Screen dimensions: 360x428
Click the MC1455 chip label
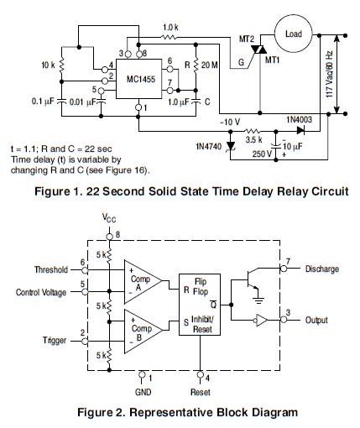141,79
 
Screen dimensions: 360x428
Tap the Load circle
293,34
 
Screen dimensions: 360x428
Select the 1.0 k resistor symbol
169,37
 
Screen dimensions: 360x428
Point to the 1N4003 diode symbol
300,130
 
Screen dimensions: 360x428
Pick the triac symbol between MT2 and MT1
259,50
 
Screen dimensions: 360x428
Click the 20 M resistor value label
209,65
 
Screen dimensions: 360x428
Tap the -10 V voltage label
230,123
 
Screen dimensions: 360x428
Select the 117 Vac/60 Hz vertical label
330,75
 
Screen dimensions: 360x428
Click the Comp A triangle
143,282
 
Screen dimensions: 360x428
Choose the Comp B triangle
143,331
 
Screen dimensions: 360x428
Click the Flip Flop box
200,305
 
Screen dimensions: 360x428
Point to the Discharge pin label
322,269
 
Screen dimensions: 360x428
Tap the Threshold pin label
51,269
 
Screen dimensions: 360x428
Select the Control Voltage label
41,293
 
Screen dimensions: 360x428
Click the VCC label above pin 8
109,218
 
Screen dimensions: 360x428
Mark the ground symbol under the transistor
258,300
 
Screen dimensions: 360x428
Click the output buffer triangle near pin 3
261,320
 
